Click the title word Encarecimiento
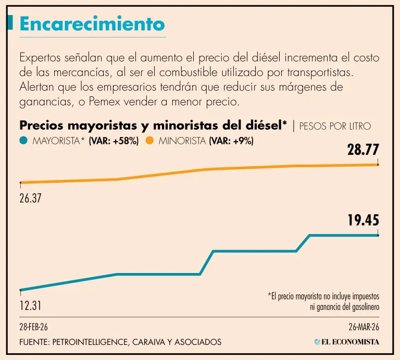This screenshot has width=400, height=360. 92,23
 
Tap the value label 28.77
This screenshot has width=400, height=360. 363,151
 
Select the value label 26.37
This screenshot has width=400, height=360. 30,198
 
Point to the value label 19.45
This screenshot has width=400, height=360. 363,221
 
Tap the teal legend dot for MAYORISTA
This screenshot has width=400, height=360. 23,141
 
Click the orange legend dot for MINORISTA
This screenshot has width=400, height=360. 149,141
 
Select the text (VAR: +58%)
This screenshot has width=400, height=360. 114,141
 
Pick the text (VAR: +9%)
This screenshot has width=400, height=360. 231,141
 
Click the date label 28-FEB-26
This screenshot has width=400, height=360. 34,327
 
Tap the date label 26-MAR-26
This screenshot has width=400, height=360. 364,327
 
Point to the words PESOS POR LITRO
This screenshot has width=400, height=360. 335,127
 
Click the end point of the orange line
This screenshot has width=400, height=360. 378,165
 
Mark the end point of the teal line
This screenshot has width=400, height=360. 378,235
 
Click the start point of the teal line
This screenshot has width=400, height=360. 20,290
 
